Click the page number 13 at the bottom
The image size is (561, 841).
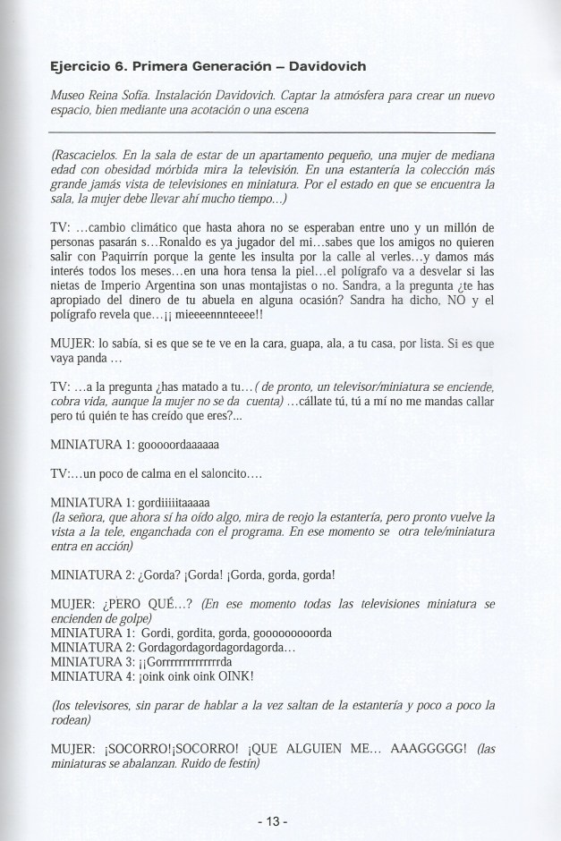[280, 819]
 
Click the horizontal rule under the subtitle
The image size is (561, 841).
[280, 132]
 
